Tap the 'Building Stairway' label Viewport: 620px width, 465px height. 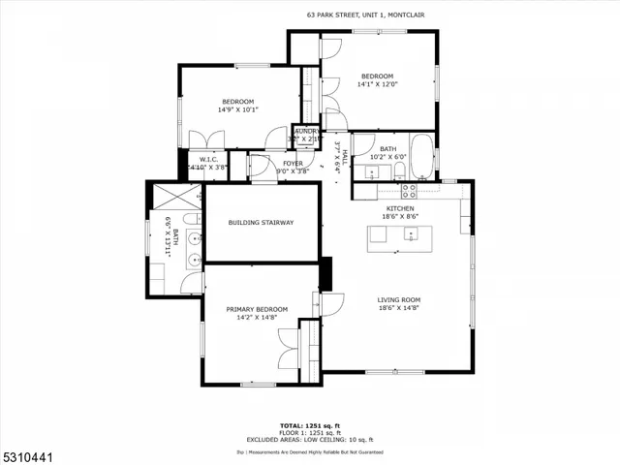pos(261,223)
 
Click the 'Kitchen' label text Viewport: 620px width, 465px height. pos(400,208)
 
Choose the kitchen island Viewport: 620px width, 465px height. pos(402,238)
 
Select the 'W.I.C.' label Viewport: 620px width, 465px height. pos(209,159)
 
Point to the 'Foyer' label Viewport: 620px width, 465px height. pos(293,164)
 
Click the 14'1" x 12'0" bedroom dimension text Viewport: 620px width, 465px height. pos(378,84)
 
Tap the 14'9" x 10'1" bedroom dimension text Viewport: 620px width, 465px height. pos(237,109)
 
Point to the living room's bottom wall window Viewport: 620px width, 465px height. pos(394,372)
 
